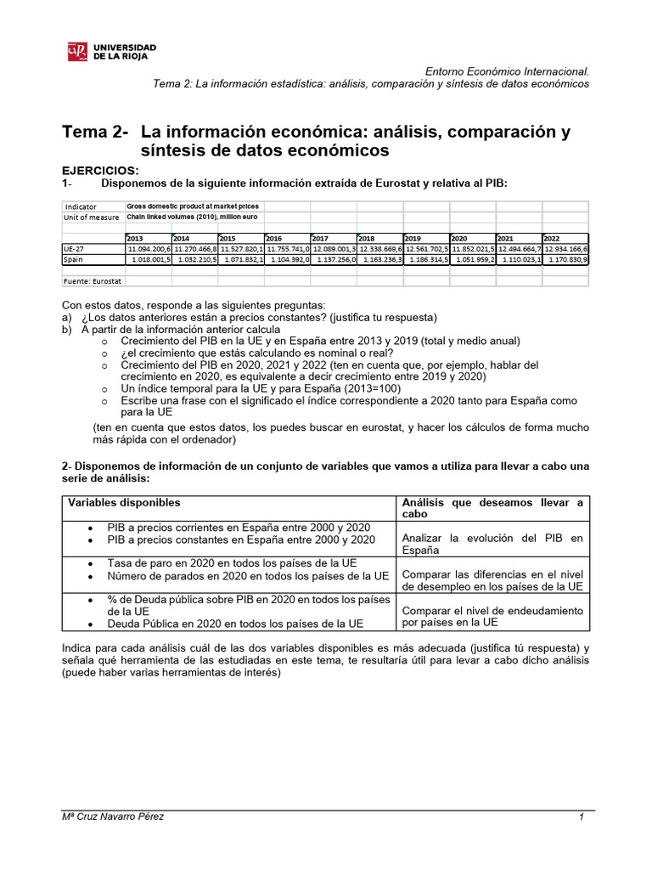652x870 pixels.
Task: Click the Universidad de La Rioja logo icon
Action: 77,52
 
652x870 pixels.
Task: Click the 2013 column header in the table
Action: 135,239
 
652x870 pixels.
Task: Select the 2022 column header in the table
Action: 552,239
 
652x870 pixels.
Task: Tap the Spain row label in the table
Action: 75,259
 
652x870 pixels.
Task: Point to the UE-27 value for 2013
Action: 149,249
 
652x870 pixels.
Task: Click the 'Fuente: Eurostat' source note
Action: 92,280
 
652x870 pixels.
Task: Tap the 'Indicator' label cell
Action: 81,206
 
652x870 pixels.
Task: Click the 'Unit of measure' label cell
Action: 92,217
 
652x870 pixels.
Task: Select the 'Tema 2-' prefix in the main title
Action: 96,133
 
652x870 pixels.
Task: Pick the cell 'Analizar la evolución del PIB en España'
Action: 492,544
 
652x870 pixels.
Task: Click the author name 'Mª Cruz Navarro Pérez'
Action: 114,816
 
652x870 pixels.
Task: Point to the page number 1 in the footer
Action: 582,816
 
